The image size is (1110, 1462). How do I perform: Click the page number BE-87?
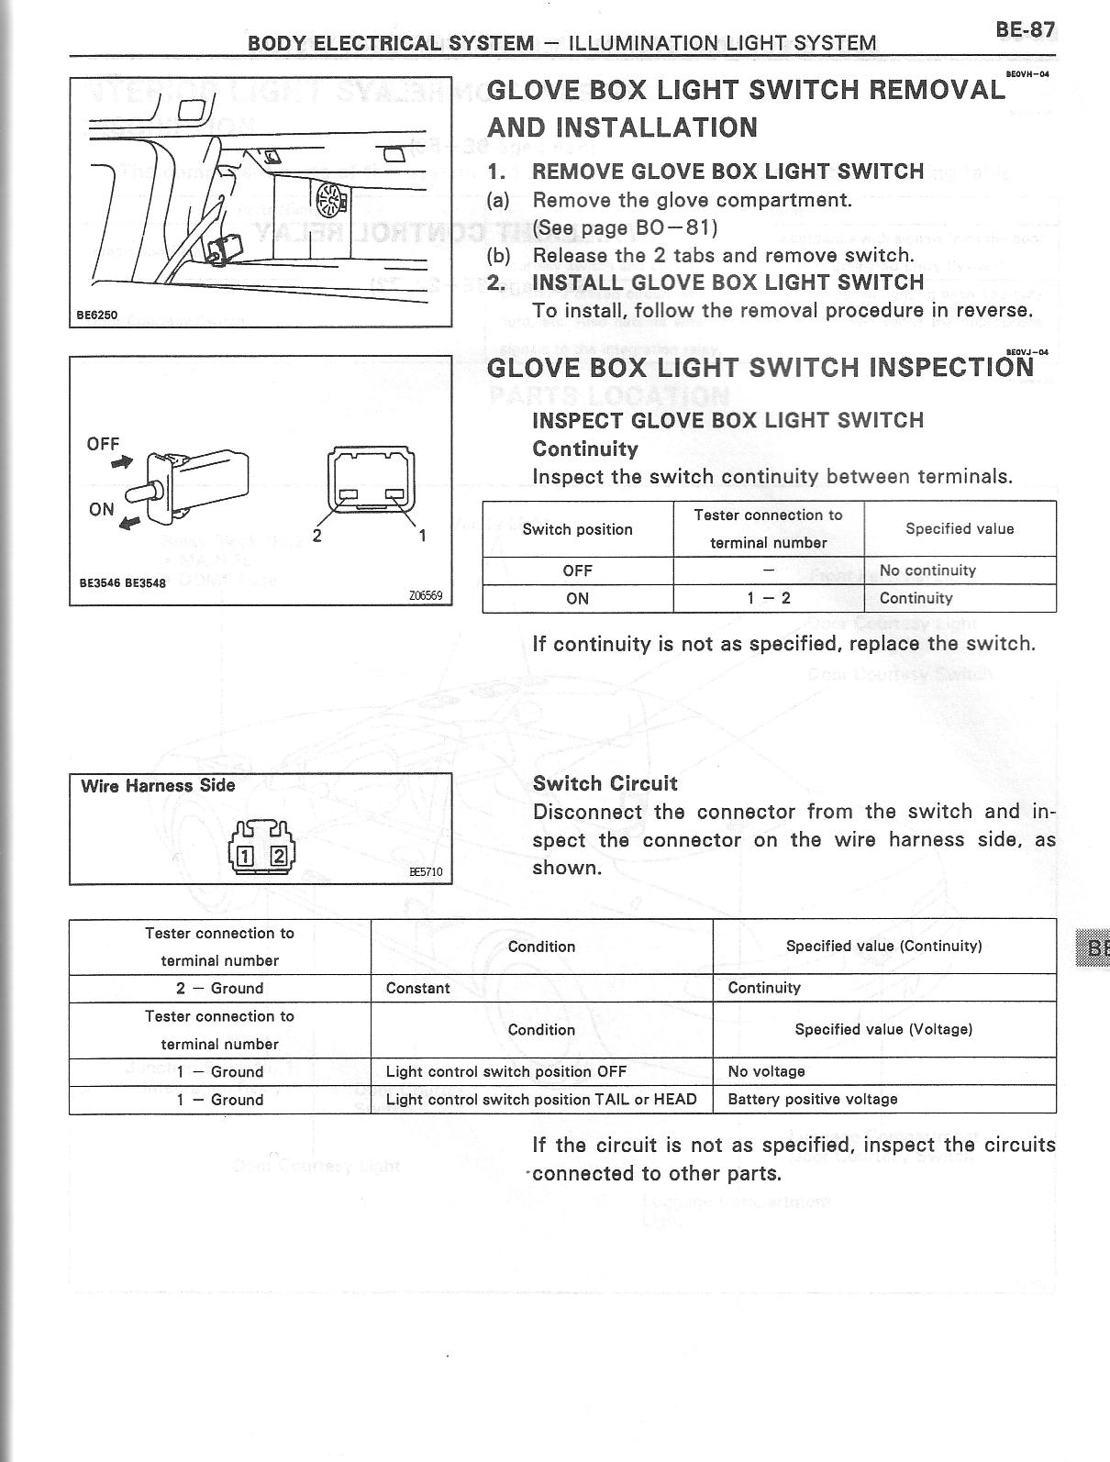[1024, 29]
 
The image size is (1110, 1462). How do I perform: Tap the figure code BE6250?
[96, 315]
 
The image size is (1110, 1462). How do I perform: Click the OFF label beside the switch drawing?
[103, 444]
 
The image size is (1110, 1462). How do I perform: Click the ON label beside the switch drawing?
[102, 509]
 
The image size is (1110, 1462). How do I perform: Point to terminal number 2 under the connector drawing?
[317, 536]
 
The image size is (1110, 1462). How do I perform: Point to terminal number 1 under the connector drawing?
[423, 536]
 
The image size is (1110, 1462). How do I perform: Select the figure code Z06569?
[426, 595]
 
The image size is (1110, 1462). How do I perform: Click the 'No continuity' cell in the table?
[927, 570]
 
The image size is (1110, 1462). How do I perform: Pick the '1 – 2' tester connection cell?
[768, 598]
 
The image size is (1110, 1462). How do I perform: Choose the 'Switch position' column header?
[577, 529]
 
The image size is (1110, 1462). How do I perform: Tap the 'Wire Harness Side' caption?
[158, 786]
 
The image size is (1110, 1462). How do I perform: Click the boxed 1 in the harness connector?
[246, 857]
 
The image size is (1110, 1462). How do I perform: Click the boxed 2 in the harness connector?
[278, 857]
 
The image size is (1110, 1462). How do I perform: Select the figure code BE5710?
[425, 871]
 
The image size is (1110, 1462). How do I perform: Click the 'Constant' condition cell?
[418, 988]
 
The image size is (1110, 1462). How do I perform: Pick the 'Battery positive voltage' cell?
[813, 1099]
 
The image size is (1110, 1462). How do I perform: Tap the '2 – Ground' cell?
[219, 988]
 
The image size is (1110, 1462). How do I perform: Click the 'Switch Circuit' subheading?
[605, 783]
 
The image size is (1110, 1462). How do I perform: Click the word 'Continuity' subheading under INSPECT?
[584, 449]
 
